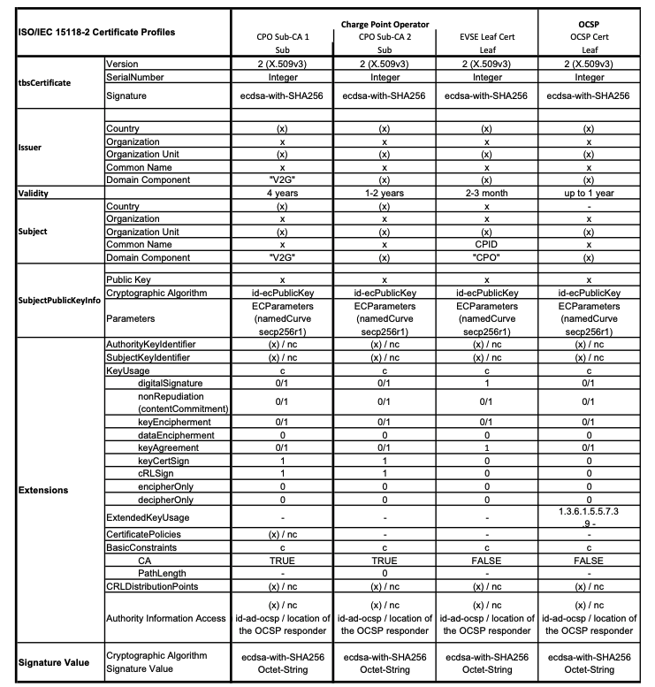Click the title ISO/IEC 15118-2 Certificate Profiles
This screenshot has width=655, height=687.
(x=96, y=32)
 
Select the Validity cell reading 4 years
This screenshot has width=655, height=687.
(x=282, y=193)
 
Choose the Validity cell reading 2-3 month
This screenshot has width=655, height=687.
(x=486, y=193)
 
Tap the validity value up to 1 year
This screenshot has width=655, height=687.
(x=589, y=193)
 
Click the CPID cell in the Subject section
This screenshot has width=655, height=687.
(x=486, y=244)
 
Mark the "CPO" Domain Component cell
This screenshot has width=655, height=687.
(x=486, y=257)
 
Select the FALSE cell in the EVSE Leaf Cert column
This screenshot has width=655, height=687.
(x=486, y=561)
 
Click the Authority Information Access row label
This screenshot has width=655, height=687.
(x=165, y=617)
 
